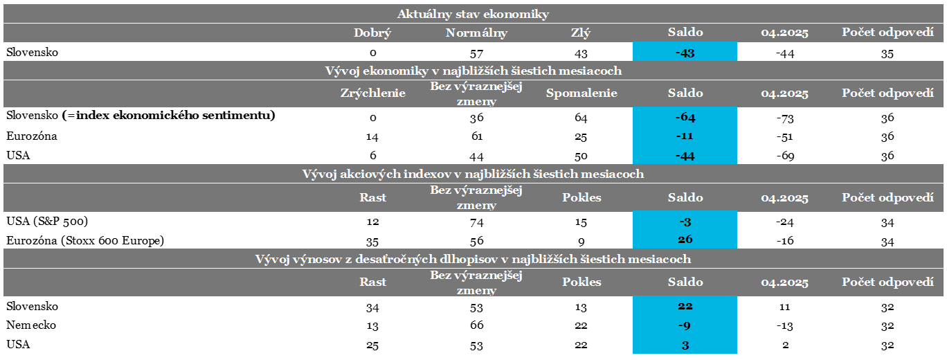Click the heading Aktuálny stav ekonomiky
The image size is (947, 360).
(473, 14)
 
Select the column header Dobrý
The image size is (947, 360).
(372, 33)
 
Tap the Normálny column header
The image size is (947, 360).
(476, 33)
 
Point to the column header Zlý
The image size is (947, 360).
(580, 33)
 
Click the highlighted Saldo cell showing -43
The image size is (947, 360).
(685, 53)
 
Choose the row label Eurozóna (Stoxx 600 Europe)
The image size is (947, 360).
(84, 241)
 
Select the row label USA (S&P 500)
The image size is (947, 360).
(47, 222)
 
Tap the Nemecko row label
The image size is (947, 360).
(31, 325)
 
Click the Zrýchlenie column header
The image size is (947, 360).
(372, 93)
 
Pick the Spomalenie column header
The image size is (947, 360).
(580, 93)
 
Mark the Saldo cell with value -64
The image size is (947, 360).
(685, 116)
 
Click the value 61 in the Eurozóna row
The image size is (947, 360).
(476, 136)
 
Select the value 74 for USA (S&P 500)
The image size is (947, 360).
(476, 222)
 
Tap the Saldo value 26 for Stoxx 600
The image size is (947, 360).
(685, 240)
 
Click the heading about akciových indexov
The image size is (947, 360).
(473, 174)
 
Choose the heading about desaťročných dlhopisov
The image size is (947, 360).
(473, 259)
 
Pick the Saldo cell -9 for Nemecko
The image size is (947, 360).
(685, 325)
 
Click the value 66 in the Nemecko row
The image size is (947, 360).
(476, 325)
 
